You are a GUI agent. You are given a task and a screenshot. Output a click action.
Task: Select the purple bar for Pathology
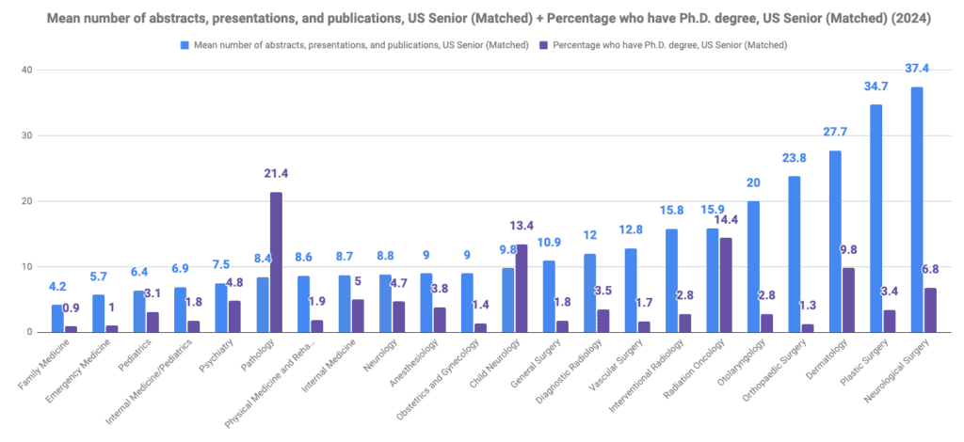click(x=276, y=262)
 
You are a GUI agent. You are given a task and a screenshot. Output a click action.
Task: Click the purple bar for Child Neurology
click(x=522, y=288)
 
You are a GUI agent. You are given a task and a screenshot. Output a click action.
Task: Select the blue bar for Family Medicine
click(x=57, y=318)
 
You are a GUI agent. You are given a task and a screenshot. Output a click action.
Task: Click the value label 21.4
click(x=276, y=174)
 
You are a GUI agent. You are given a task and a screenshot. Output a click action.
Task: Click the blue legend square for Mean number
click(x=185, y=44)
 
